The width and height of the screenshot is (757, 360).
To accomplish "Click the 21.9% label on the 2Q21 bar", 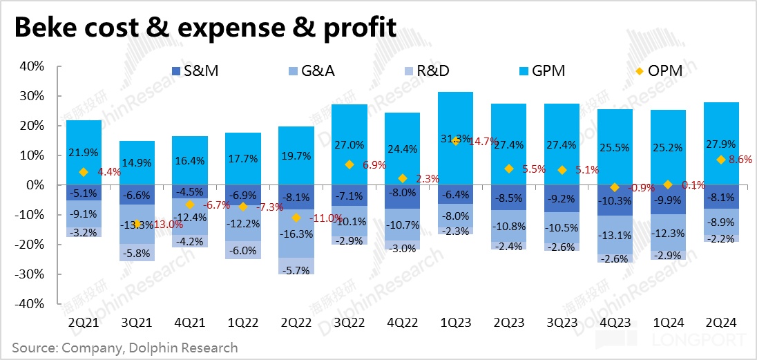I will coord(84,153).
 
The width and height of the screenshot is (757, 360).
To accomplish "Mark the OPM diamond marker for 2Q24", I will coord(721,160).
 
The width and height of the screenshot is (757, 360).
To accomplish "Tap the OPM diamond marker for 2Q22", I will coord(296,218).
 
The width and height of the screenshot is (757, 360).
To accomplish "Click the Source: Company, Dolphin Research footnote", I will coord(124,348).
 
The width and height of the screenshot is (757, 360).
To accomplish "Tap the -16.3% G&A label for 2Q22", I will coord(296,234).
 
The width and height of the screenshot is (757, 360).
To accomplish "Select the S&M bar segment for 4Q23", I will coord(615,200).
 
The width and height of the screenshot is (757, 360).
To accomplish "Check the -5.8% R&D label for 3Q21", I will coord(137,254).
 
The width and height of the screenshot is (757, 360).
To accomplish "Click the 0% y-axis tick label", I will coord(36,185).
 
